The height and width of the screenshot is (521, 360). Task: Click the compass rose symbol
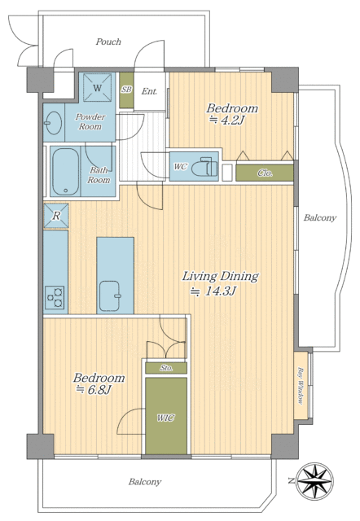[314, 481]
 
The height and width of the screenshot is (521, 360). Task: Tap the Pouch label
[108, 42]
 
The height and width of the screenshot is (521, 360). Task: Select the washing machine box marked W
[97, 87]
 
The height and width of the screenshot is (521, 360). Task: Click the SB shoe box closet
[126, 90]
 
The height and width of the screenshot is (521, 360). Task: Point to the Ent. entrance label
[149, 91]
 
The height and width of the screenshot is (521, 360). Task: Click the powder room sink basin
[53, 123]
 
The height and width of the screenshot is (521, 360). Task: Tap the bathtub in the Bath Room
[66, 171]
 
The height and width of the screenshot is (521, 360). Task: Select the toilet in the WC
[204, 167]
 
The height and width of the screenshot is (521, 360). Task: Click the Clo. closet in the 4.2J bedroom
[265, 173]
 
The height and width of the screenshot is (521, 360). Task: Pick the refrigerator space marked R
[56, 216]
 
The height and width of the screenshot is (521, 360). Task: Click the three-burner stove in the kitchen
[55, 297]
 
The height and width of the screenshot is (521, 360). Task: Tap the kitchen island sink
[110, 296]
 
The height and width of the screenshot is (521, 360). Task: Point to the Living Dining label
[221, 277]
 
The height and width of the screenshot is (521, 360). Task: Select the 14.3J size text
[213, 291]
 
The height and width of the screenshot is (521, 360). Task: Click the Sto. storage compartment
[166, 368]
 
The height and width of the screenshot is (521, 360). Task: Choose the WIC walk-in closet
[166, 416]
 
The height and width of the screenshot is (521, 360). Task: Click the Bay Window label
[301, 386]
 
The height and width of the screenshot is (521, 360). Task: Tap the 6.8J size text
[94, 389]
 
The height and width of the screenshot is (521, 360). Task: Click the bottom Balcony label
[145, 481]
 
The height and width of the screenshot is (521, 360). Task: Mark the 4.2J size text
[227, 120]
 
